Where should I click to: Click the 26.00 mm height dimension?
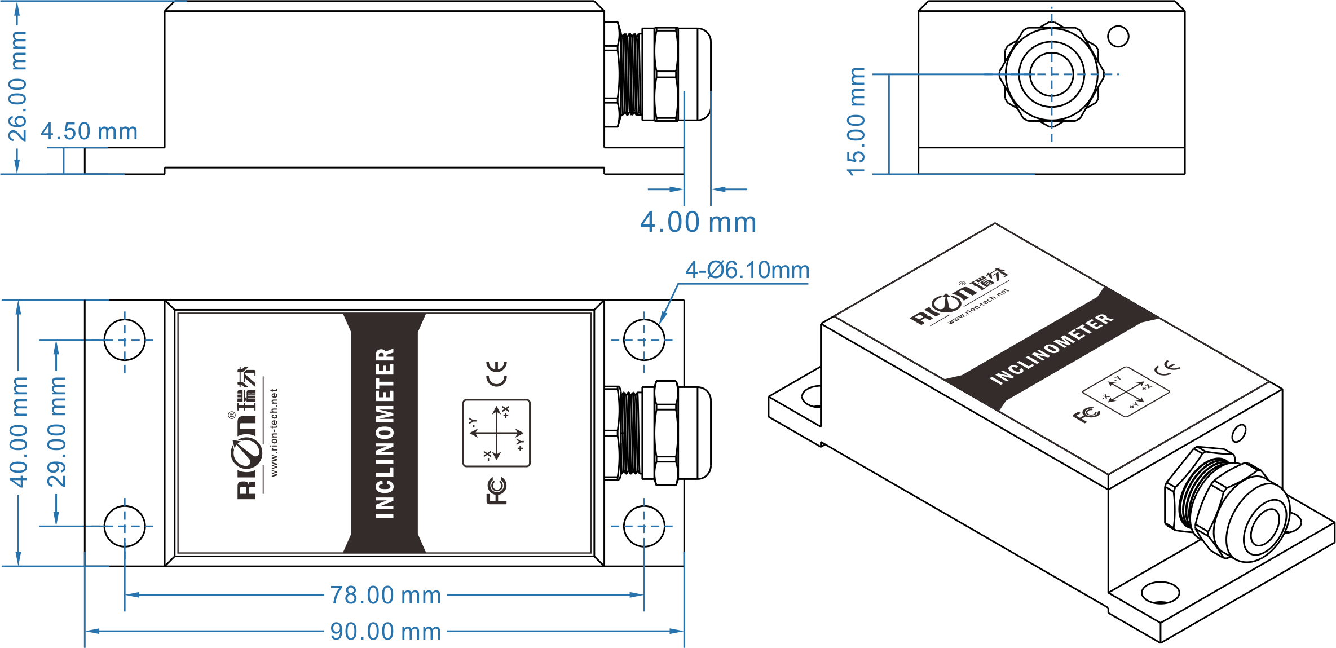tap(17, 86)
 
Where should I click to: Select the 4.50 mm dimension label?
tap(89, 131)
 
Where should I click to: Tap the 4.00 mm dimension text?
tap(698, 222)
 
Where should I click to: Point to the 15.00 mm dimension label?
tap(856, 121)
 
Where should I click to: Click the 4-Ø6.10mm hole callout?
tap(747, 270)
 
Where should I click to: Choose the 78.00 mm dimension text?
tap(386, 596)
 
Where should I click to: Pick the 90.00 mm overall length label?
tap(386, 632)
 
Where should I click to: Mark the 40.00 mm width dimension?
tap(18, 432)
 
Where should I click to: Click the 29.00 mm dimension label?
tap(56, 432)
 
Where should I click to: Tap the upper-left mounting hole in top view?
tap(125, 340)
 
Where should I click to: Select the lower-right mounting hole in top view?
tap(644, 526)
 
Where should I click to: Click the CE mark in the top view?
tap(497, 373)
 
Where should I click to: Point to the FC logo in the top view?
tap(497, 491)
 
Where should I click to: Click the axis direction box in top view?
tap(496, 433)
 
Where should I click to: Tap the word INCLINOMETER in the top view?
tap(385, 433)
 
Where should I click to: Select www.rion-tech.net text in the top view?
tap(275, 433)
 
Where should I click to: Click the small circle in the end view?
tap(1118, 37)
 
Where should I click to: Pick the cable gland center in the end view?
tap(1052, 74)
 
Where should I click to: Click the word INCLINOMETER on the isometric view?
tap(1052, 349)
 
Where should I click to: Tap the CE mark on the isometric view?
tap(1167, 368)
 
